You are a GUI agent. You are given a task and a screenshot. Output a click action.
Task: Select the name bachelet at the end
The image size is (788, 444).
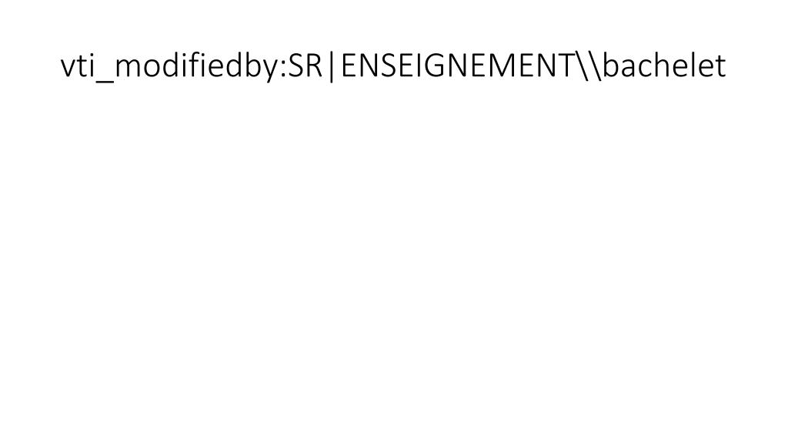click(664, 65)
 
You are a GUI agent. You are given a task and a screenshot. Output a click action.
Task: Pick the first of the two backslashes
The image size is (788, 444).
click(583, 66)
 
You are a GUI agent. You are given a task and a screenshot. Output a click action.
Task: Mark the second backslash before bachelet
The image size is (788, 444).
click(596, 66)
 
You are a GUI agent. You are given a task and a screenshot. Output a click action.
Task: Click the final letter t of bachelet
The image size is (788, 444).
click(720, 67)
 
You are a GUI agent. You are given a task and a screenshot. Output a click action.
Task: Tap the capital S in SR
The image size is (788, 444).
click(296, 66)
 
